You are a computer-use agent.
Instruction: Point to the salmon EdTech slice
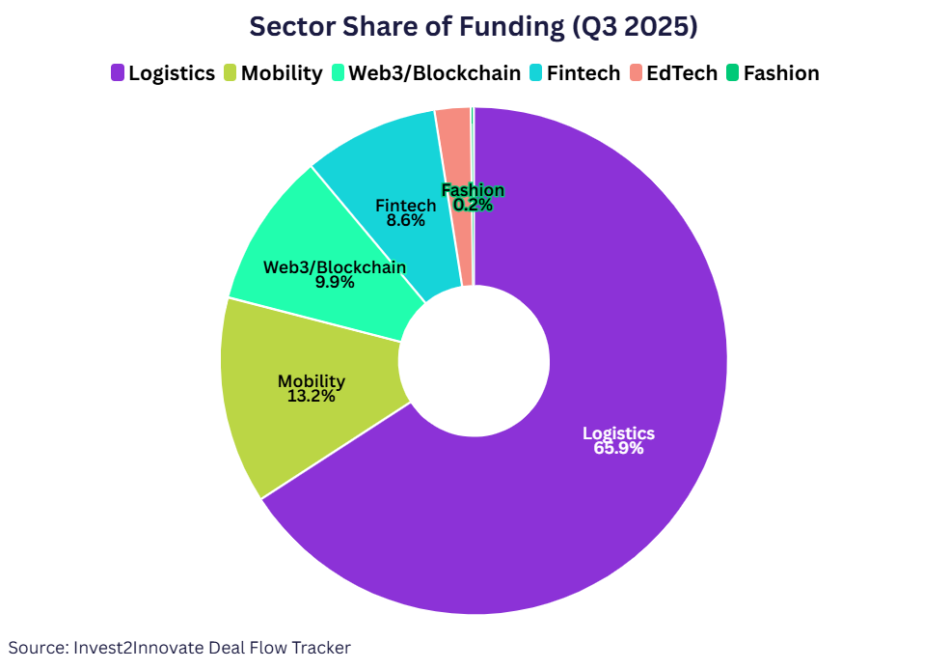[x=455, y=174]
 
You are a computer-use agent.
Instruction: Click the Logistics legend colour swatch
[x=118, y=73]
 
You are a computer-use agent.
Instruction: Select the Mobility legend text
[x=282, y=73]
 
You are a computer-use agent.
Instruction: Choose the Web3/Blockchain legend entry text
[x=434, y=73]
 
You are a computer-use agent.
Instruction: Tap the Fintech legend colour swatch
[x=536, y=73]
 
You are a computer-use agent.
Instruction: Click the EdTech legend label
[x=682, y=73]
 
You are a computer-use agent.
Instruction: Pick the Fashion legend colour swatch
[x=733, y=73]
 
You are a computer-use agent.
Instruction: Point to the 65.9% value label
[x=618, y=449]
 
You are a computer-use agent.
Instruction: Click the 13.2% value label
[x=311, y=396]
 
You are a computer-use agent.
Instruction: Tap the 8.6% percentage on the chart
[x=405, y=220]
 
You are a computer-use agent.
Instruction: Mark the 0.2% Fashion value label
[x=473, y=205]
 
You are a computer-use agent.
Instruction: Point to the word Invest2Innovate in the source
[x=142, y=648]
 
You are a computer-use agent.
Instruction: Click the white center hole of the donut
[x=474, y=361]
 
